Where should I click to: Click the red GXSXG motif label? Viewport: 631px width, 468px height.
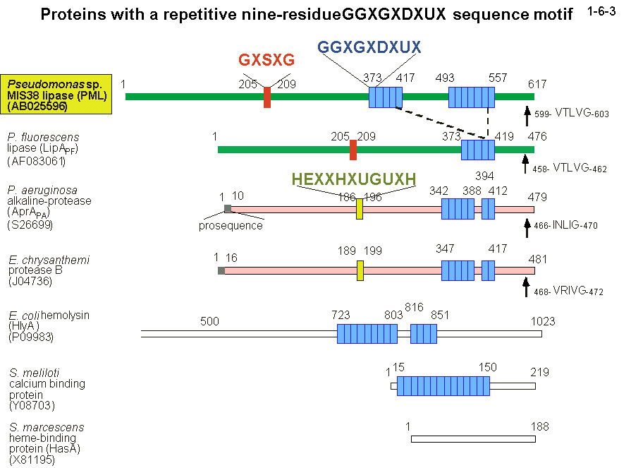click(267, 60)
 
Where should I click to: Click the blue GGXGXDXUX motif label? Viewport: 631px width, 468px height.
click(369, 47)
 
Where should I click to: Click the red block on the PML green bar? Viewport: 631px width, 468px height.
click(267, 97)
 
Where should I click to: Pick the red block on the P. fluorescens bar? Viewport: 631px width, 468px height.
click(353, 150)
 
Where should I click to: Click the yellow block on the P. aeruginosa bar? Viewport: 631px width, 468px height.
click(360, 209)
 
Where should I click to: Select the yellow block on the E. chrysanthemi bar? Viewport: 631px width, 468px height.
click(360, 271)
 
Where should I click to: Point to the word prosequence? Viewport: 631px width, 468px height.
click(231, 226)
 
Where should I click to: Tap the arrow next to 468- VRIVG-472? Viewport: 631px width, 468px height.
click(525, 286)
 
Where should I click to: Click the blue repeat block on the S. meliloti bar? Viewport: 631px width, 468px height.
click(443, 386)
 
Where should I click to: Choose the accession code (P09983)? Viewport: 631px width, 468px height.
click(32, 337)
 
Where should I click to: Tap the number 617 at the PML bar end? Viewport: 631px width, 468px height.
click(538, 83)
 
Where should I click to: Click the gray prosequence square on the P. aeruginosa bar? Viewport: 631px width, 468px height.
click(228, 208)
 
